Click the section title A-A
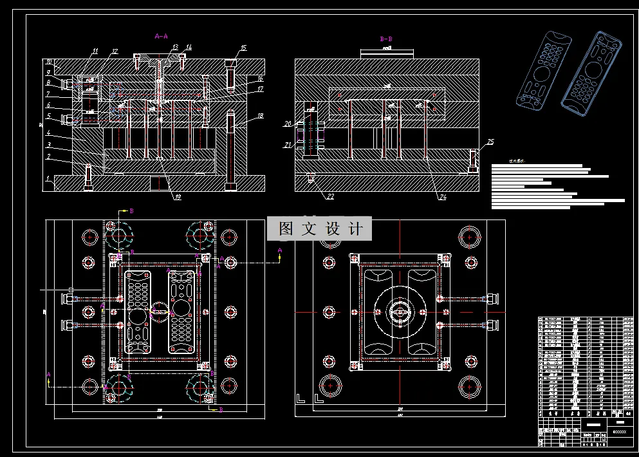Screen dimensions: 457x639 [162, 37]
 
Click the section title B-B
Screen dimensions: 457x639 [386, 39]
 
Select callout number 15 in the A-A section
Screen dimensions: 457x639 [243, 48]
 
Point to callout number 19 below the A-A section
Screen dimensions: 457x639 [176, 198]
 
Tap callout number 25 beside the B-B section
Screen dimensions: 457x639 [490, 142]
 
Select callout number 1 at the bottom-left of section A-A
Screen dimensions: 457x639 [47, 183]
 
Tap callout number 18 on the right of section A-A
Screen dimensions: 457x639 [261, 116]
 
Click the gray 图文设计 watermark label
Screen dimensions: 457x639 [320, 228]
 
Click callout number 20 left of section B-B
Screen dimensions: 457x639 [288, 124]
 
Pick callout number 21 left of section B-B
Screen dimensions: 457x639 [288, 145]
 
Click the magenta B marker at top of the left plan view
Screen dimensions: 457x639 [132, 210]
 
